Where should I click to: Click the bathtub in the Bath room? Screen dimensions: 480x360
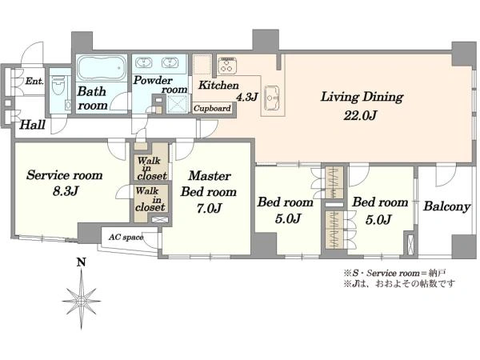(102, 68)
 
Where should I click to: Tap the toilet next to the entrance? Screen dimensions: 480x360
(58, 86)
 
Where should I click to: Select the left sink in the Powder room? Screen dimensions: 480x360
(143, 62)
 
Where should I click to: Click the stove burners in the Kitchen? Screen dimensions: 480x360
(226, 65)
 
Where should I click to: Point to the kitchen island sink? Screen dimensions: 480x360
(271, 98)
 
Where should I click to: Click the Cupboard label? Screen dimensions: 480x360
(212, 108)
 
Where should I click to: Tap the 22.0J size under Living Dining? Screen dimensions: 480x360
(360, 116)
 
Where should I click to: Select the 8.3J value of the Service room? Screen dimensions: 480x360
(66, 192)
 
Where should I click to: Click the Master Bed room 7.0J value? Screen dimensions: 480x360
(209, 209)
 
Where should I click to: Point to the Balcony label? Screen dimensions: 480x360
(446, 206)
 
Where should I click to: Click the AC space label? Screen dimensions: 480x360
(126, 238)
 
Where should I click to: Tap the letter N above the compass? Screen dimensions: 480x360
(81, 262)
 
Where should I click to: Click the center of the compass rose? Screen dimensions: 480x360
(81, 301)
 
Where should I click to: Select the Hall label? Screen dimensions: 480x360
(33, 125)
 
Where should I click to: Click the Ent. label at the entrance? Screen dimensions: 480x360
(34, 81)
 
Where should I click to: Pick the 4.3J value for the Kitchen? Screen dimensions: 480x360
(246, 97)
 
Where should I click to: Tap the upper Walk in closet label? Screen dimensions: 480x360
(151, 169)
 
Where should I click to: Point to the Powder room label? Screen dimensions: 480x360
(161, 85)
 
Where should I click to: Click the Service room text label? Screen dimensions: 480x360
(64, 175)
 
